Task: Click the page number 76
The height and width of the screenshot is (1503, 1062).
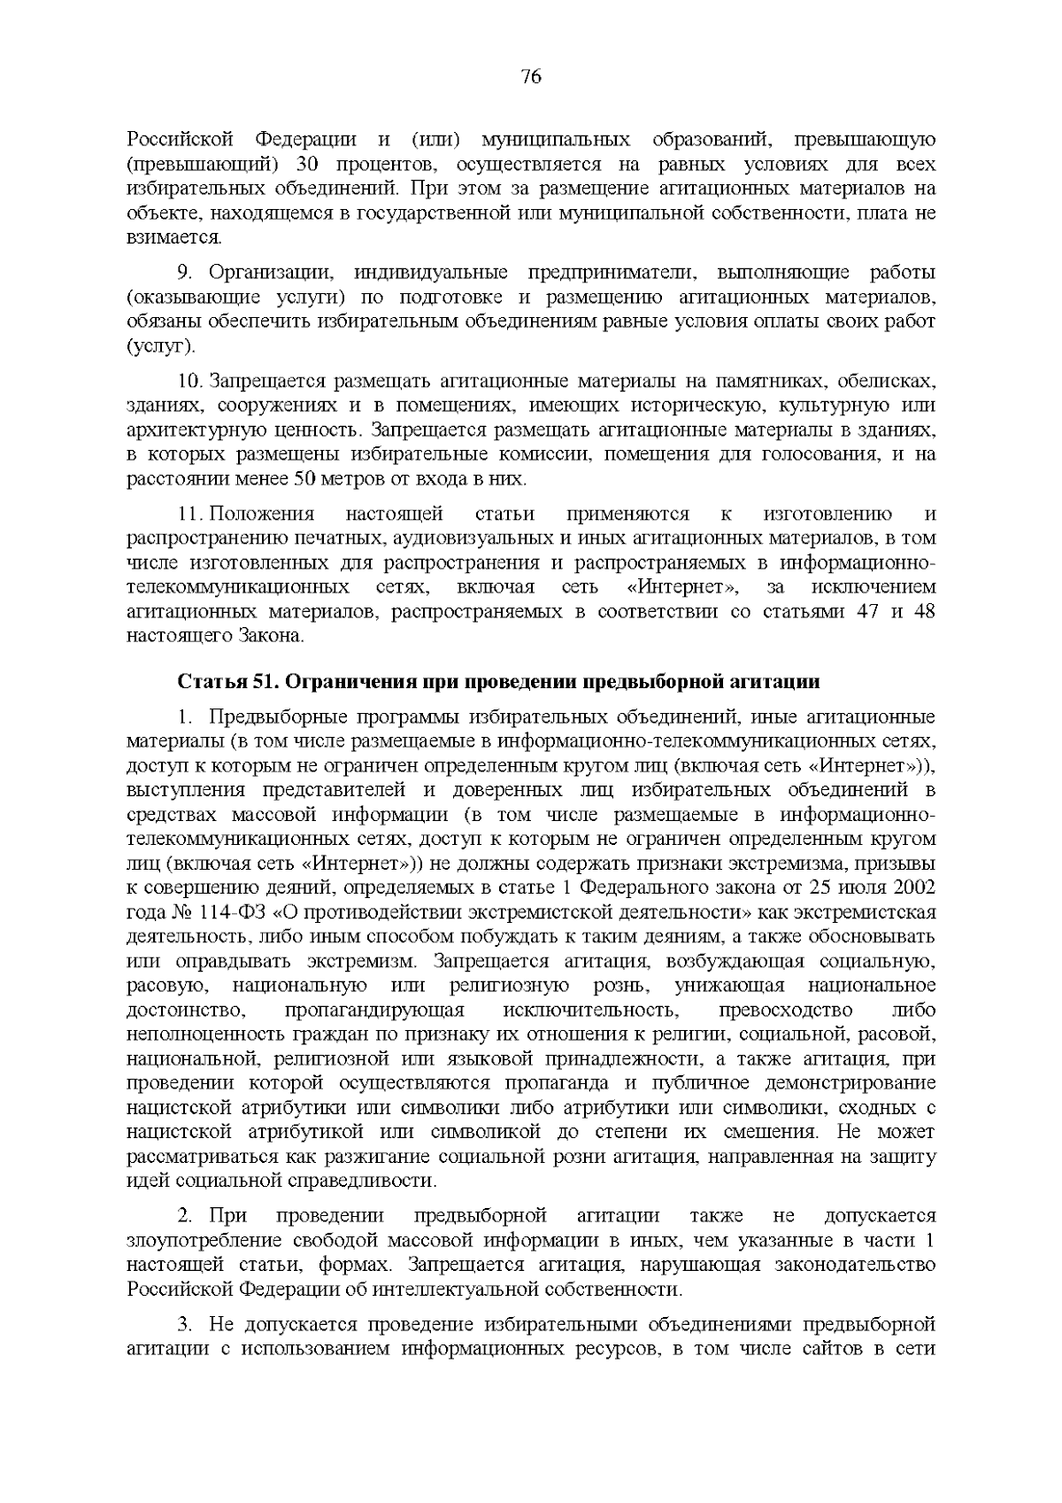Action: pos(531,77)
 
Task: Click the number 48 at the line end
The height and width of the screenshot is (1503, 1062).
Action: pos(925,612)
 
